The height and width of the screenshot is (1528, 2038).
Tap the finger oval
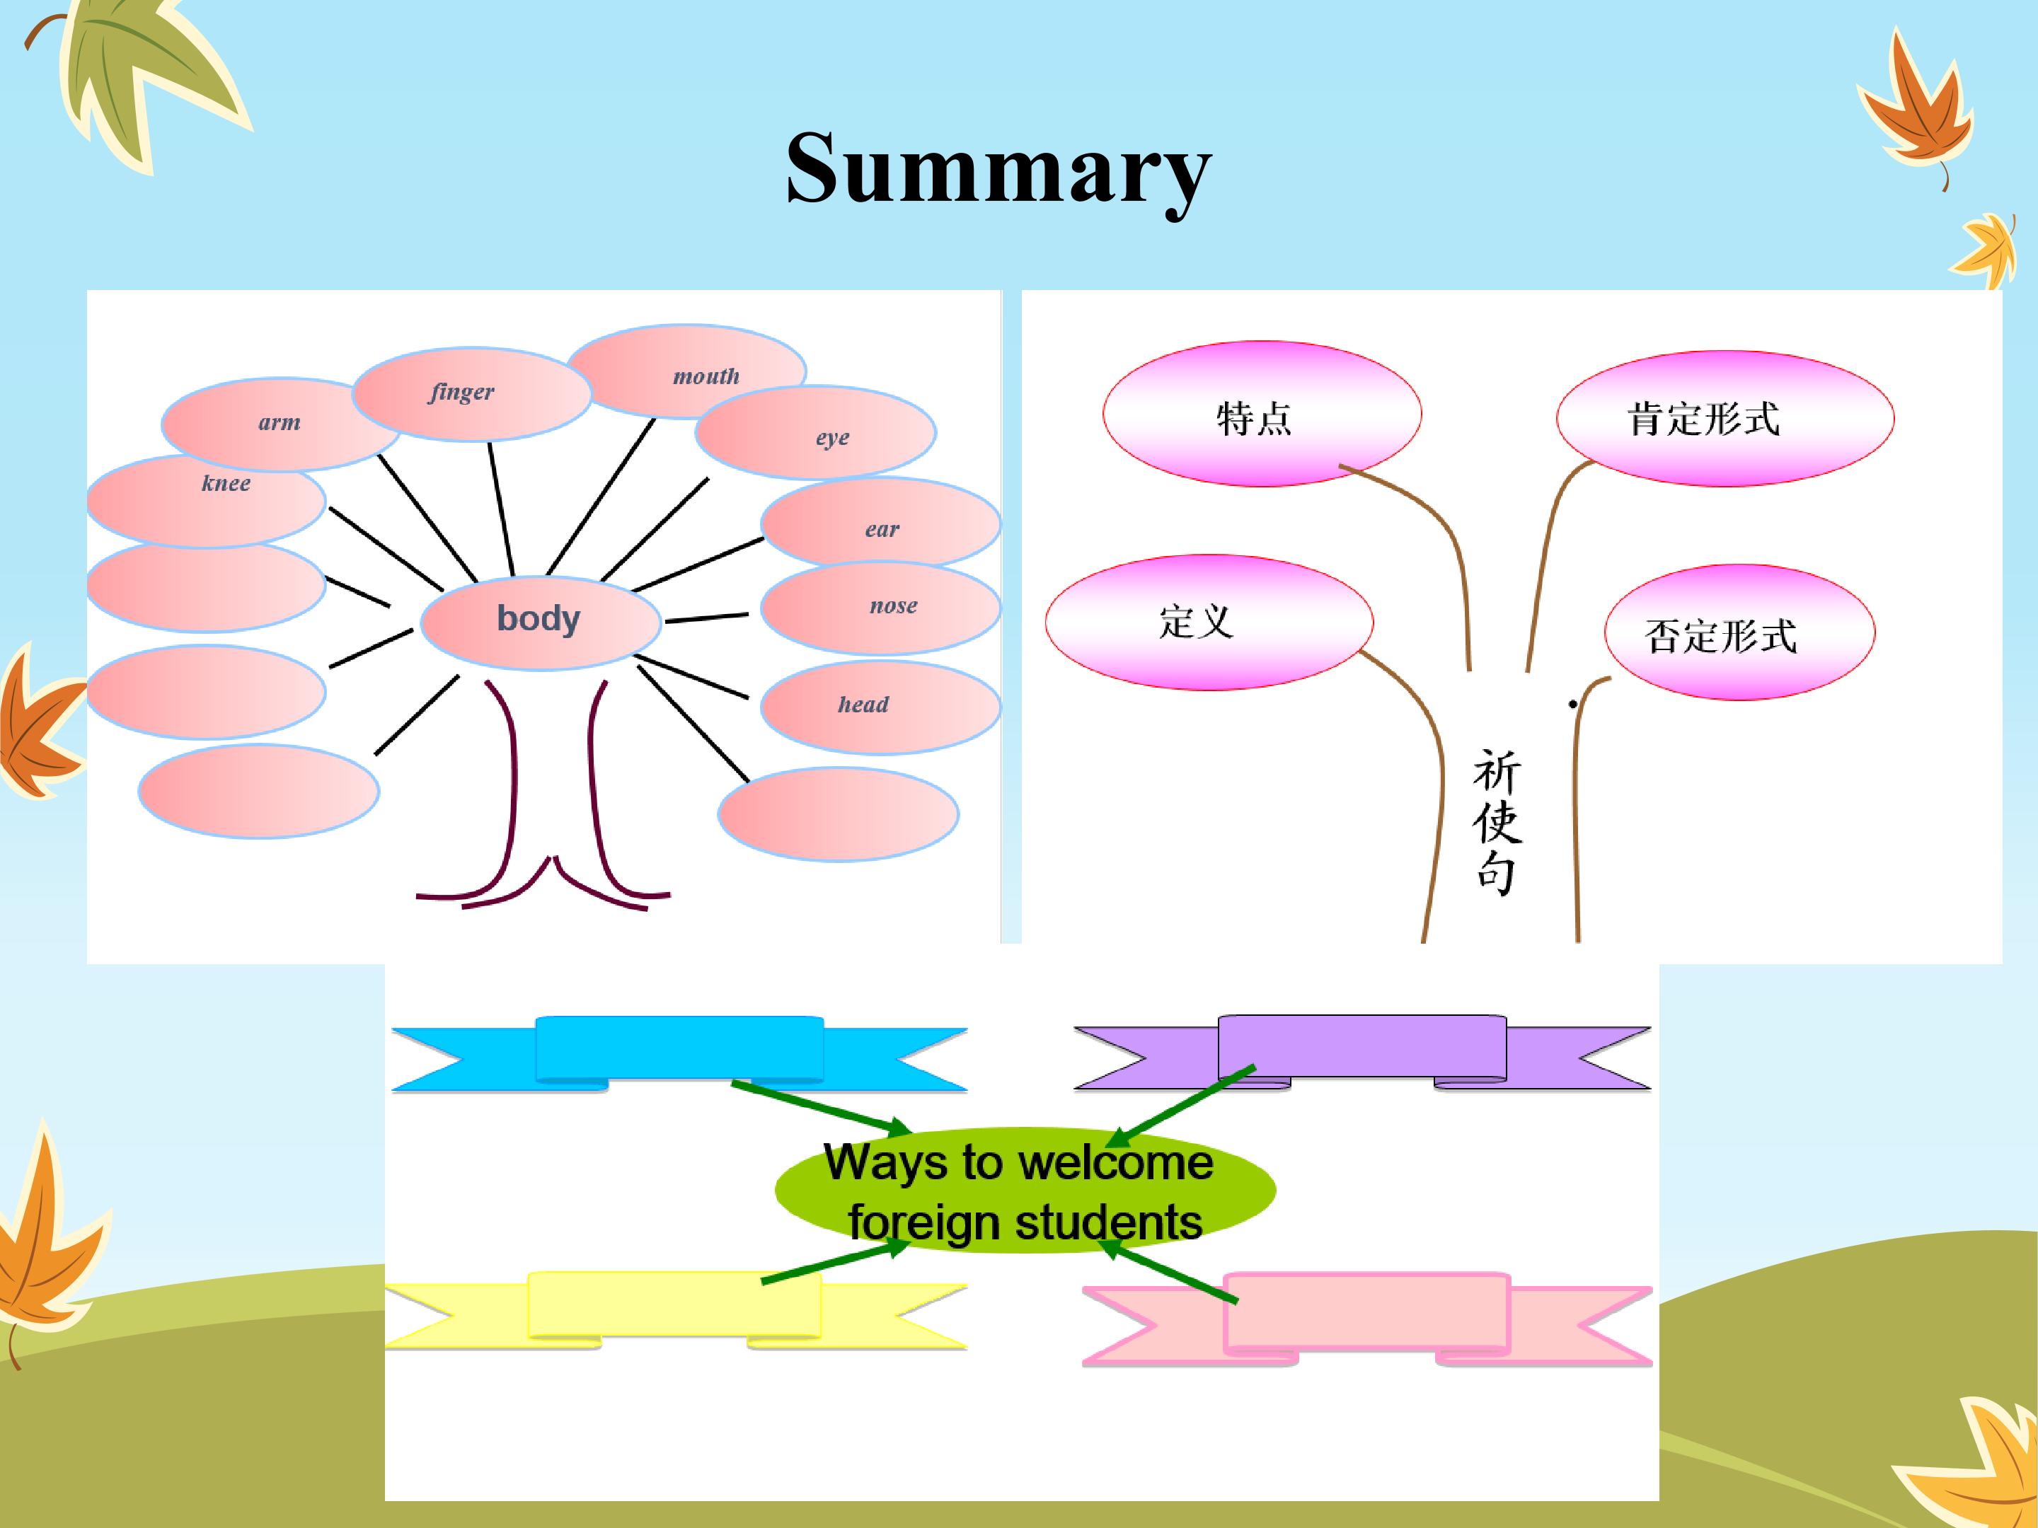[x=470, y=394]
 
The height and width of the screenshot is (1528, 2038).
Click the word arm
[x=280, y=423]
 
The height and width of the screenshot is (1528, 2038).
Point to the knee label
[x=226, y=484]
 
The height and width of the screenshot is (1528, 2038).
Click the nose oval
[x=881, y=608]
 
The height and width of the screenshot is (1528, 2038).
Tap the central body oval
[x=540, y=622]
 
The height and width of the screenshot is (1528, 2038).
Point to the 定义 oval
[x=1209, y=622]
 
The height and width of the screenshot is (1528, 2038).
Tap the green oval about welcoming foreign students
[x=1025, y=1190]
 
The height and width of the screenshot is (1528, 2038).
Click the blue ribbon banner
[x=679, y=1050]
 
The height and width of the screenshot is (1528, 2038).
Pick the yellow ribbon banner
[x=674, y=1306]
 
